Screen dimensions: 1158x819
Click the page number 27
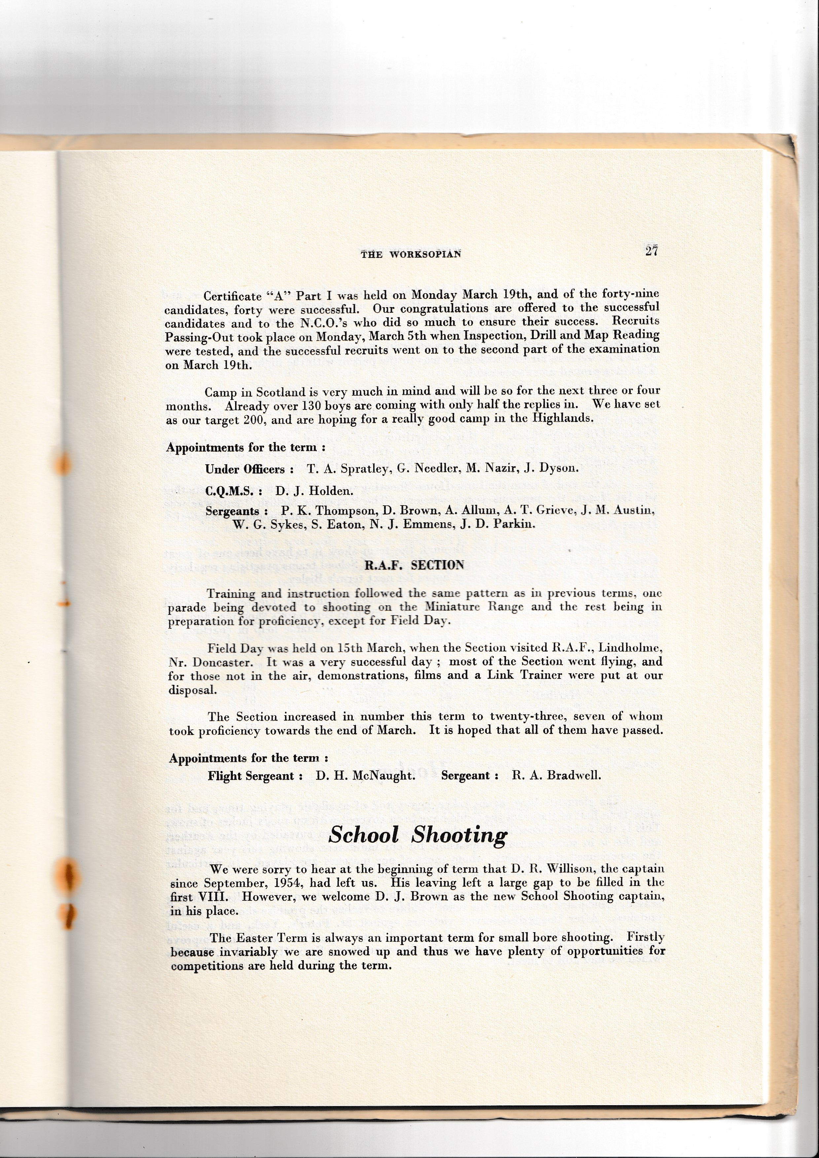(x=651, y=251)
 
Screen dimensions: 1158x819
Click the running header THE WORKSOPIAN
(x=410, y=254)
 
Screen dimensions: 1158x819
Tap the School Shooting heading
(x=417, y=835)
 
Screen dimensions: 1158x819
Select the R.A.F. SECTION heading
(x=414, y=565)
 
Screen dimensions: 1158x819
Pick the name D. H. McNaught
(x=365, y=776)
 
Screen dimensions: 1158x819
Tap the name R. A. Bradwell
(x=556, y=775)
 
